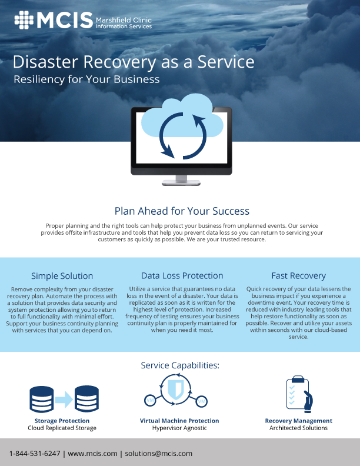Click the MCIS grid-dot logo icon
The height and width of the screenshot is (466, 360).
click(x=24, y=20)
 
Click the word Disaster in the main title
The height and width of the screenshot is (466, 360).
click(x=45, y=62)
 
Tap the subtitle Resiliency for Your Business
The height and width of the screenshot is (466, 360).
click(x=86, y=79)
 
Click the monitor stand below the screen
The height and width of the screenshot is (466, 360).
click(x=181, y=180)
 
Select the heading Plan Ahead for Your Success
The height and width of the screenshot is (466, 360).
click(x=182, y=211)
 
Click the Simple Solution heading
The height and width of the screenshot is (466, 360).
click(x=62, y=276)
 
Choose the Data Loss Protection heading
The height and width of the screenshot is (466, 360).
click(x=182, y=275)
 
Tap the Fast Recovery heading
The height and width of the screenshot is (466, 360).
click(x=298, y=276)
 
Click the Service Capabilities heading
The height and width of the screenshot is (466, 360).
click(x=180, y=365)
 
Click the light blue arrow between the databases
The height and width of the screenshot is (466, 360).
click(x=64, y=399)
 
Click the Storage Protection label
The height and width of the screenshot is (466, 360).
click(x=62, y=421)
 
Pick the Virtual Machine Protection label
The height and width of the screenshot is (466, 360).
click(x=179, y=421)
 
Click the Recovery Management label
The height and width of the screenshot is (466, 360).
click(x=298, y=421)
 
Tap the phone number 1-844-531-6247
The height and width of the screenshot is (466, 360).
click(x=35, y=454)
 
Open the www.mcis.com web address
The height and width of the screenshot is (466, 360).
click(x=92, y=454)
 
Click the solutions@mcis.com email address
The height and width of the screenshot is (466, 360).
click(x=159, y=454)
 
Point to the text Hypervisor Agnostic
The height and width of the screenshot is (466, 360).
click(x=179, y=428)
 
